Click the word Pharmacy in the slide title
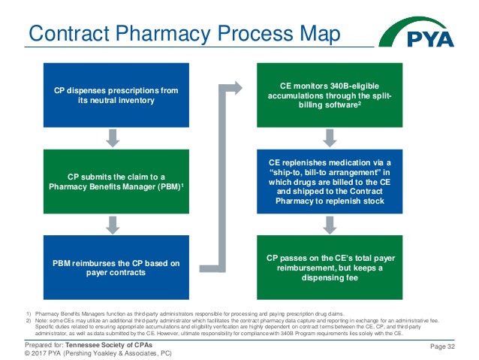[199, 34]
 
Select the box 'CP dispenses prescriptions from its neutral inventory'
[116, 95]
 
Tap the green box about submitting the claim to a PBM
[116, 181]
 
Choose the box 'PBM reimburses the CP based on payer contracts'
[116, 267]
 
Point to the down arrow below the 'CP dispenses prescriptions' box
[113, 138]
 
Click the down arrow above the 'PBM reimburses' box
[113, 224]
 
